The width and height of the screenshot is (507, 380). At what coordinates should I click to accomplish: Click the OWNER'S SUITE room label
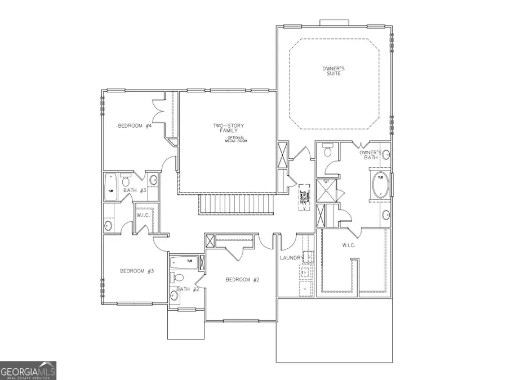(x=333, y=71)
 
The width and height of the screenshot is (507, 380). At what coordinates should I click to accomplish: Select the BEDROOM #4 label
(x=135, y=126)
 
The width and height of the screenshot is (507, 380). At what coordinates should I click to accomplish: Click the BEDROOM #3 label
(x=137, y=271)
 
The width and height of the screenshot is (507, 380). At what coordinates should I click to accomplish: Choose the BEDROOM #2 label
(x=242, y=280)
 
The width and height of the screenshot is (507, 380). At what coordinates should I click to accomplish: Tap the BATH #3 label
(x=135, y=190)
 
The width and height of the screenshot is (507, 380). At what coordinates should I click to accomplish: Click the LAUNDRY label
(x=292, y=258)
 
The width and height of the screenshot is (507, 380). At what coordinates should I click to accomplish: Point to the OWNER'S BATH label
(x=371, y=155)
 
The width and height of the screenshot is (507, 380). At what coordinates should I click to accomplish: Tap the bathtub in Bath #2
(x=183, y=261)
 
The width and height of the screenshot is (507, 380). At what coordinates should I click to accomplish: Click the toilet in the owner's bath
(x=326, y=150)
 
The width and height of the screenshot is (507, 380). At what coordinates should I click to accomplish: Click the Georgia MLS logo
(x=28, y=371)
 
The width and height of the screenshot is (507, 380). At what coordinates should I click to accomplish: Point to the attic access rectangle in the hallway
(x=306, y=196)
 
